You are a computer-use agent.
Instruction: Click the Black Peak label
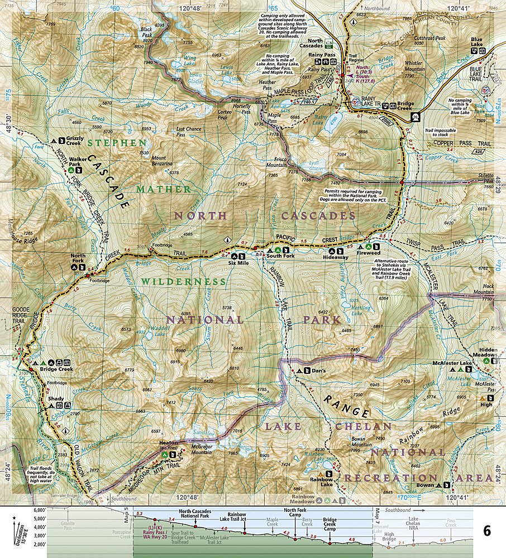point(146,29)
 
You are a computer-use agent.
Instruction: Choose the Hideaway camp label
point(335,257)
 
